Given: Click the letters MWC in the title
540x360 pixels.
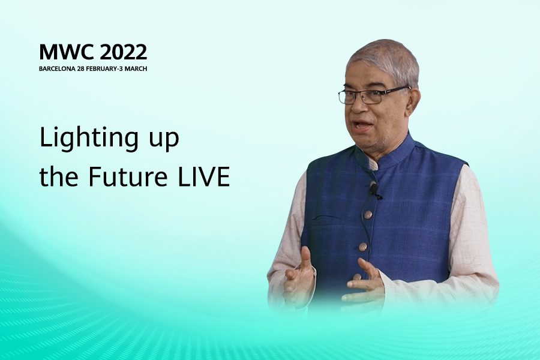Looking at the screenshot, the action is [66, 52].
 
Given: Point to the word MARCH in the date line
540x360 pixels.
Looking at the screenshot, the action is [136, 68].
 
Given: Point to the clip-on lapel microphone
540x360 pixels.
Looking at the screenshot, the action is [374, 191].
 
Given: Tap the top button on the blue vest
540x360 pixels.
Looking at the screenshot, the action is [368, 215].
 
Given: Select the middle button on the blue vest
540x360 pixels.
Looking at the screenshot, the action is [362, 247].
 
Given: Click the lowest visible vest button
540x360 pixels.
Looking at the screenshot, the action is [358, 277].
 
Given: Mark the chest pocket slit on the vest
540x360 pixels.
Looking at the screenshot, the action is [327, 218].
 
